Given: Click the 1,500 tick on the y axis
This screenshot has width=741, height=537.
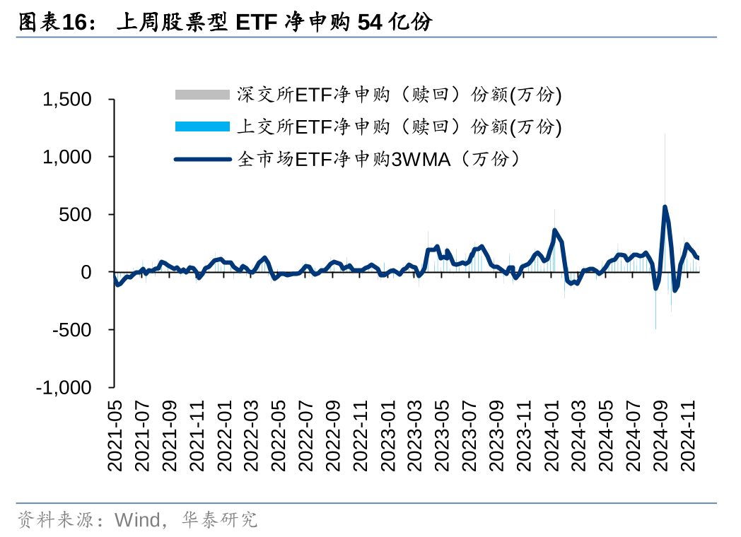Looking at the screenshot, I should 67,100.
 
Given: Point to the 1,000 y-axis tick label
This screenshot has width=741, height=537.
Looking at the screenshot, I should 67,157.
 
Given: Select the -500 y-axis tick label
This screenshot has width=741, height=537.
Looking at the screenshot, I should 73,330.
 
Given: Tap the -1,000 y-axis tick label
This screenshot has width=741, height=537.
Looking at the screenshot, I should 64,388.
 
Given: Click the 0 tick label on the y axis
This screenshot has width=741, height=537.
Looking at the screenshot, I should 86,272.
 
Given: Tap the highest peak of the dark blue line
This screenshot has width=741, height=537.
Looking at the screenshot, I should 665,207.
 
